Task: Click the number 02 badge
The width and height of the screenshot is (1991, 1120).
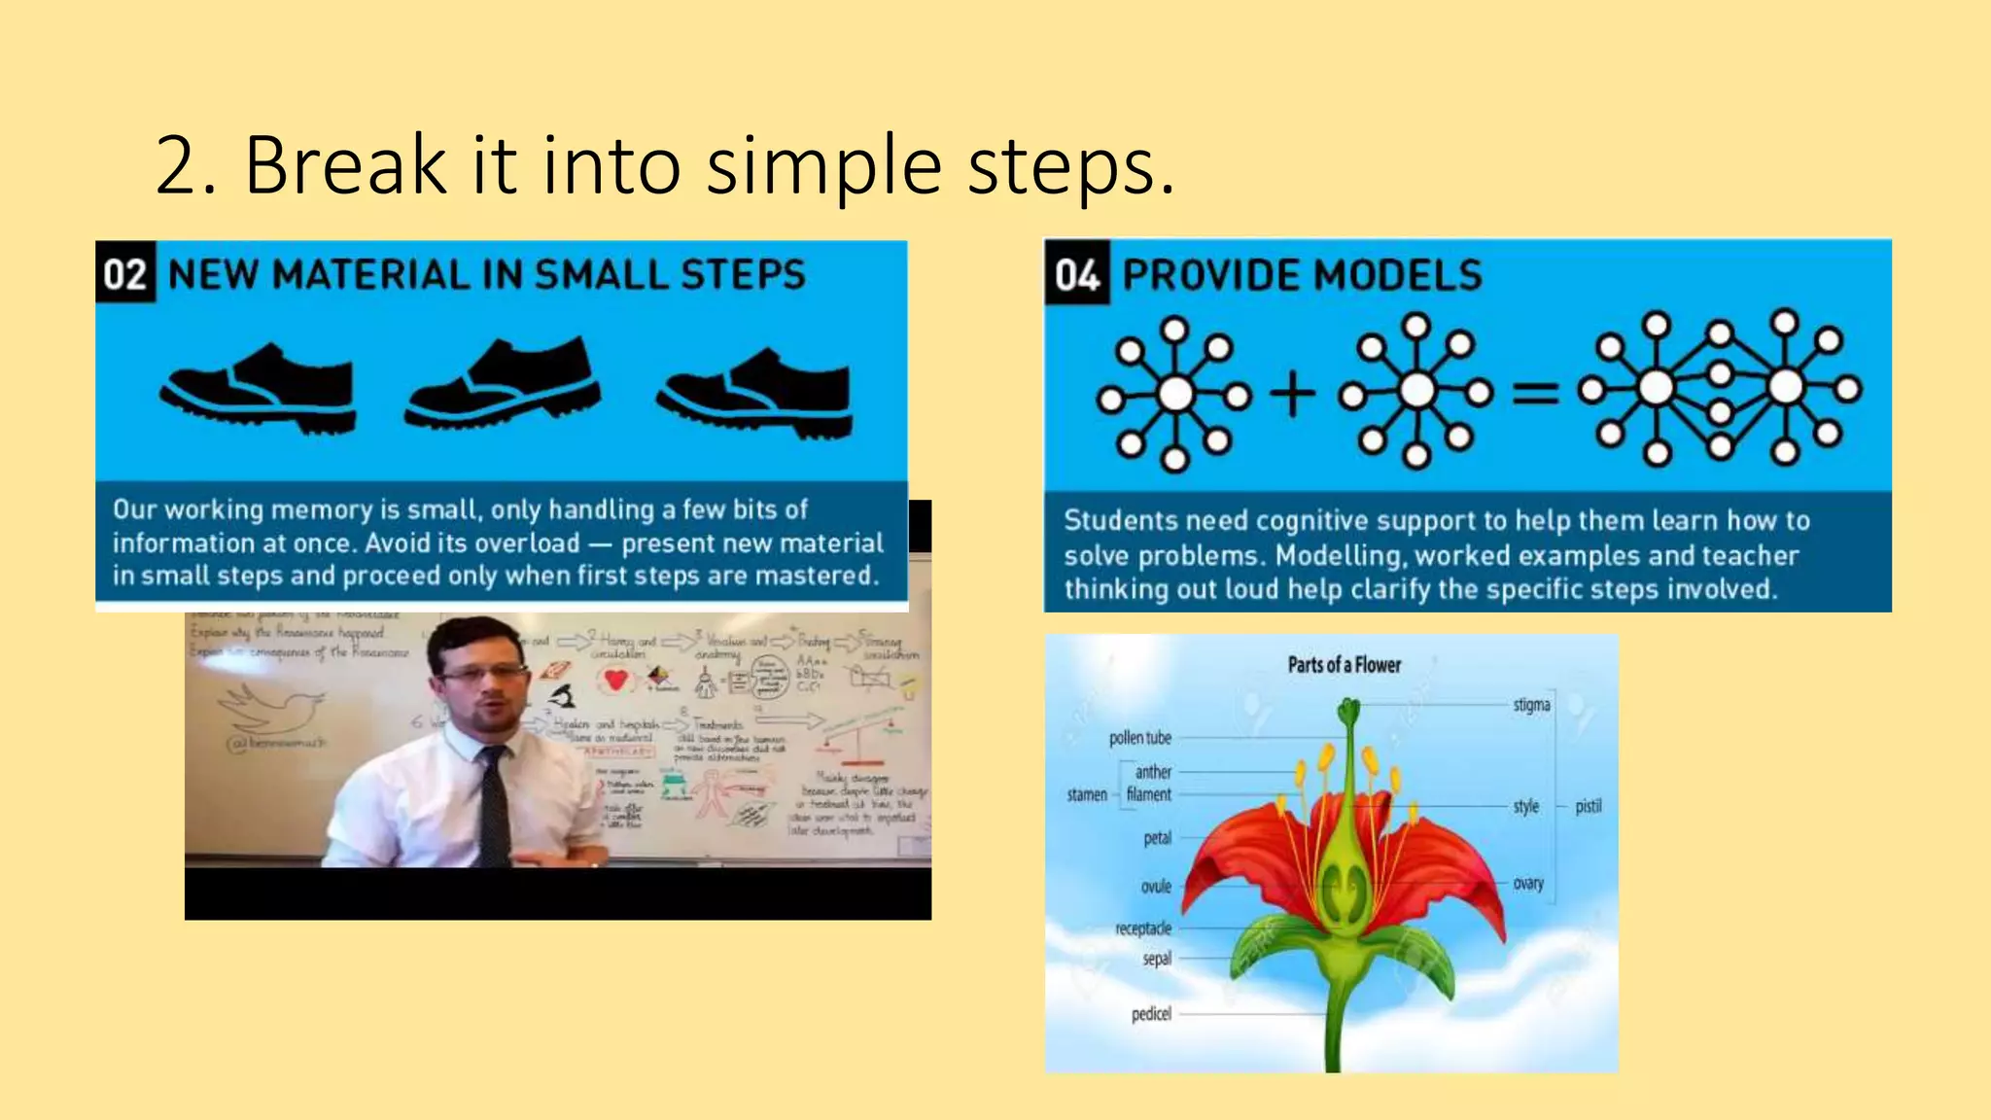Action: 125,273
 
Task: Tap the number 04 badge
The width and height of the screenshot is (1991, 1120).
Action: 1076,275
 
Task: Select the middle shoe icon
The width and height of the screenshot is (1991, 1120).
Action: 503,382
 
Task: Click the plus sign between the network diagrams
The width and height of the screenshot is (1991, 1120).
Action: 1292,395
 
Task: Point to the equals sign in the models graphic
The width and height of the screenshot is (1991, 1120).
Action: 1535,393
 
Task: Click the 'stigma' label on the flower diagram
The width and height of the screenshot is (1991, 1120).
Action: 1531,705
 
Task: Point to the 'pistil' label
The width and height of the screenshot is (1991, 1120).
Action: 1589,806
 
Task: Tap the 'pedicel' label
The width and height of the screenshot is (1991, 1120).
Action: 1151,1014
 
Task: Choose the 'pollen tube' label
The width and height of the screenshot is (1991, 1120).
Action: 1140,738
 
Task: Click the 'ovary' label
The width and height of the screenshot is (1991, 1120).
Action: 1528,883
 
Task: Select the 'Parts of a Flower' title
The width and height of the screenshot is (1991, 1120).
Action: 1344,665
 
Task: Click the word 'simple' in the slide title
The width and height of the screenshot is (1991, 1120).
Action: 823,166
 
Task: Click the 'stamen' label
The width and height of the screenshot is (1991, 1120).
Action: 1087,795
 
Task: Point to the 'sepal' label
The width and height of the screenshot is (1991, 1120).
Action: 1157,959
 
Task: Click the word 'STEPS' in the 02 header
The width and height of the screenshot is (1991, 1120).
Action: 743,274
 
